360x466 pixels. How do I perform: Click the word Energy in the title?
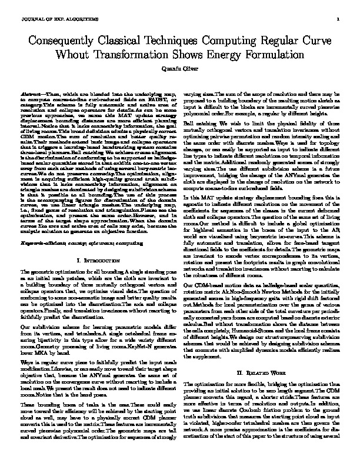(233, 55)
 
